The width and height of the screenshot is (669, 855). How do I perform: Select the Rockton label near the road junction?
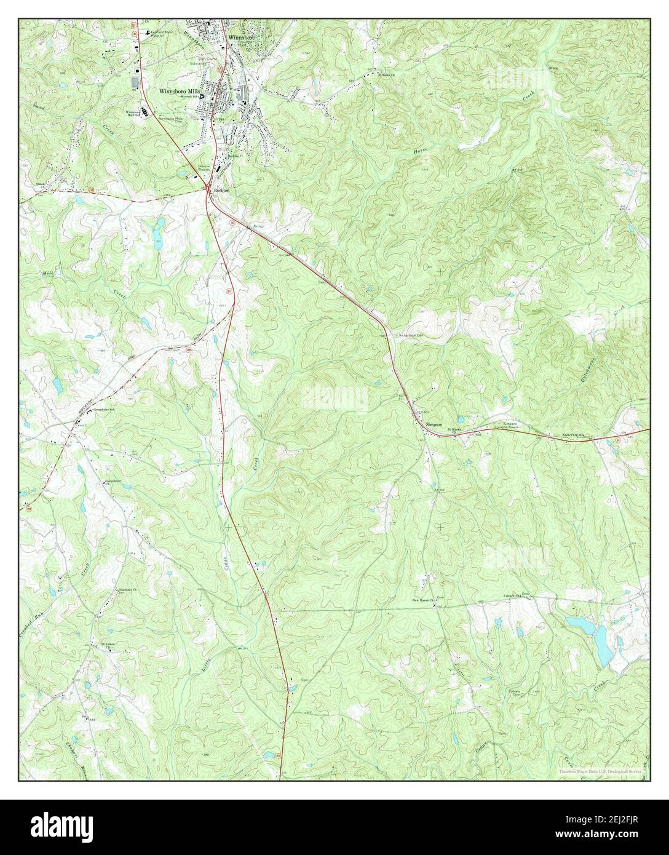click(x=222, y=191)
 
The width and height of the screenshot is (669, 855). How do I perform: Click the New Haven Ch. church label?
click(x=424, y=600)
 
